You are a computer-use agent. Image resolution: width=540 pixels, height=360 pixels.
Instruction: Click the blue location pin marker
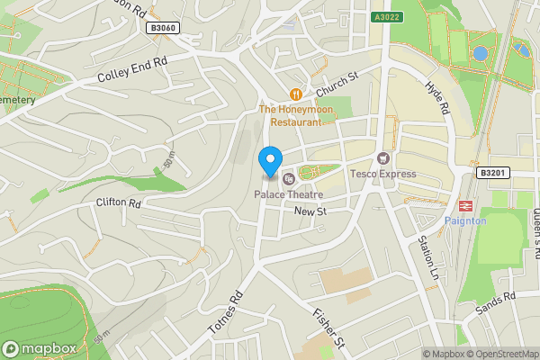point(268,160)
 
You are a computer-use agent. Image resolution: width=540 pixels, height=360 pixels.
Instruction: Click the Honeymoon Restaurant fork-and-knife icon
point(294,94)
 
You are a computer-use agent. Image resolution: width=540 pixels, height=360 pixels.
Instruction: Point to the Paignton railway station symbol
point(466,205)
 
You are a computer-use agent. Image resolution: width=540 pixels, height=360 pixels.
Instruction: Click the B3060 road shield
point(163,29)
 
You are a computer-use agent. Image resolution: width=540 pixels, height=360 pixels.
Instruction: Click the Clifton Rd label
point(119,203)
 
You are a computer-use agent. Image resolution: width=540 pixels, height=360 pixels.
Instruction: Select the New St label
point(309,211)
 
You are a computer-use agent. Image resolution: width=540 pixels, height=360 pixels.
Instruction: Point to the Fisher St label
point(328,329)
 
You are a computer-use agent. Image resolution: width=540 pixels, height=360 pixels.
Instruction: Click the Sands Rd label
point(497,302)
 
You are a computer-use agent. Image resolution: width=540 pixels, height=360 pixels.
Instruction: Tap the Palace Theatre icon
point(288,179)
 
